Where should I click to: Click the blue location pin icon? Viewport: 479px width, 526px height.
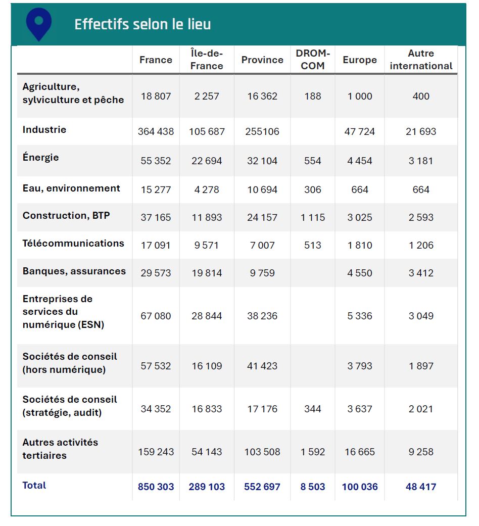(39, 23)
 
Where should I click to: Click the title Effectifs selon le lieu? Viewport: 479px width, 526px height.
(142, 24)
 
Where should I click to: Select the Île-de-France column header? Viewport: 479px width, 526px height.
(207, 60)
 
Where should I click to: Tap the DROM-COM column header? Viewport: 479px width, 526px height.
(313, 60)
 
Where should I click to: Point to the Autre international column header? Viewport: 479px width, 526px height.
(421, 60)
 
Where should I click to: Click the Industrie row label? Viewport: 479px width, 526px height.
(44, 130)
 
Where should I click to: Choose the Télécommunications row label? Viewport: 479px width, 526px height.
(73, 244)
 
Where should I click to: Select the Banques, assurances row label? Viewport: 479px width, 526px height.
(74, 271)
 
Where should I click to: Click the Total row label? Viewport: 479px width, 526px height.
(34, 486)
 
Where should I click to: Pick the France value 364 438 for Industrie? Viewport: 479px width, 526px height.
(156, 132)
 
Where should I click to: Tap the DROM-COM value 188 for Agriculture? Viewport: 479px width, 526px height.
(313, 97)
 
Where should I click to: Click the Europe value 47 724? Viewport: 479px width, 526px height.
(360, 132)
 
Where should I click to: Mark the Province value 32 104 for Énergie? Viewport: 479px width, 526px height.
(262, 161)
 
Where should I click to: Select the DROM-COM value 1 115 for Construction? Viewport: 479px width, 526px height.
(313, 218)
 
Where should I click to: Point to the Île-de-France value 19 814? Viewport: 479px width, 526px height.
(207, 273)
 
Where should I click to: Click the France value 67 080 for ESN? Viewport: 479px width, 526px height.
(156, 316)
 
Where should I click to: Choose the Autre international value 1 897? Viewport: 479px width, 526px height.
(421, 366)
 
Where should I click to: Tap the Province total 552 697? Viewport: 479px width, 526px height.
(262, 487)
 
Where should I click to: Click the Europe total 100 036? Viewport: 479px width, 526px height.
(360, 487)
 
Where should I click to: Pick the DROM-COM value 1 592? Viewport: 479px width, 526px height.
(313, 452)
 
